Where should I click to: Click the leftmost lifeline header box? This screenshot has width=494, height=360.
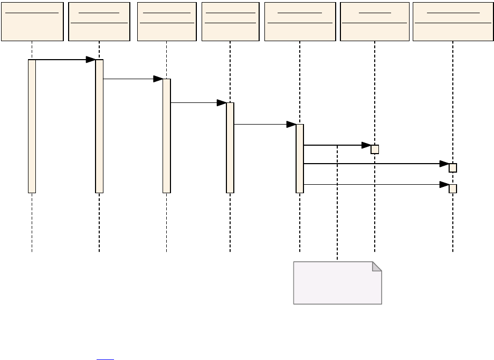(x=32, y=21)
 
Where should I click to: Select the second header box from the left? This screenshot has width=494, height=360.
(x=99, y=21)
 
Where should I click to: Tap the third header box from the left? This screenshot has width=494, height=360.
(x=166, y=21)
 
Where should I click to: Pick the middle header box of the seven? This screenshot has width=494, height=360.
(x=230, y=21)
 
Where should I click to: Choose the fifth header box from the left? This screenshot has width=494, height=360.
(x=299, y=21)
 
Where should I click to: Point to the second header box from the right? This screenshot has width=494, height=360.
(x=374, y=21)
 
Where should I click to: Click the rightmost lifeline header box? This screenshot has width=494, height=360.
(x=452, y=21)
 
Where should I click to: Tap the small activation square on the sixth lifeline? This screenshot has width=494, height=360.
(x=375, y=149)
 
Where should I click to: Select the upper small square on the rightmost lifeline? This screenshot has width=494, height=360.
(x=453, y=168)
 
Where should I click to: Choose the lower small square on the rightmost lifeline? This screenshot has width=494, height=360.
(x=453, y=188)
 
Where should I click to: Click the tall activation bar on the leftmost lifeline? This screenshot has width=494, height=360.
(x=32, y=126)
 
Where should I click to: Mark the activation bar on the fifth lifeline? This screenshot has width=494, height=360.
(x=300, y=158)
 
